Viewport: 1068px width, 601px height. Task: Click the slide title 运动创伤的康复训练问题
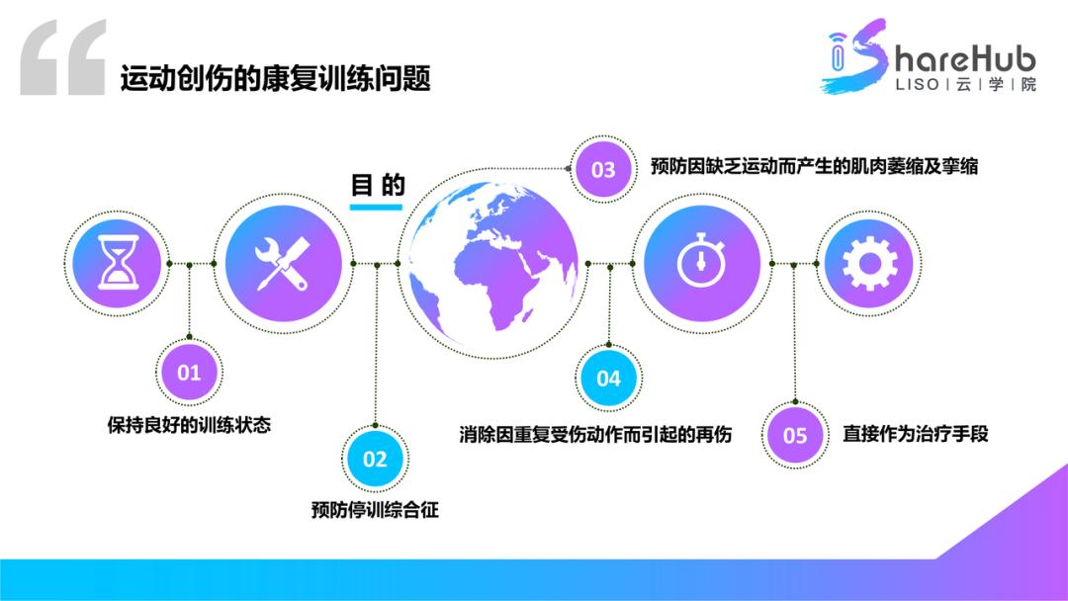tap(276, 78)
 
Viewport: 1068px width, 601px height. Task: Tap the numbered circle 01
tap(189, 373)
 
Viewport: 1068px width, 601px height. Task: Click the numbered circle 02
tap(375, 459)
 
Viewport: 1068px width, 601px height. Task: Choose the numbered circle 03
tap(603, 169)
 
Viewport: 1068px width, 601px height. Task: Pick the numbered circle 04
tap(608, 378)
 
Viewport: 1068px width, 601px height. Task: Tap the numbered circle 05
tap(795, 435)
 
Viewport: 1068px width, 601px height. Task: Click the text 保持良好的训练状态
tap(189, 426)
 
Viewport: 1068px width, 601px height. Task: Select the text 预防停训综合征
tap(375, 510)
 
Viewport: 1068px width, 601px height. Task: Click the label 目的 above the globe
tap(378, 185)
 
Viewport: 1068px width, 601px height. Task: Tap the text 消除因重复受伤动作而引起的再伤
tap(595, 434)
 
